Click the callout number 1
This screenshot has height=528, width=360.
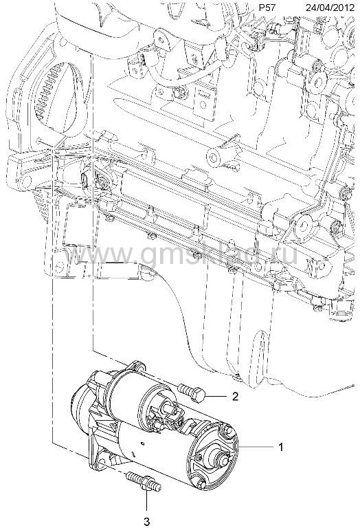[x=280, y=447]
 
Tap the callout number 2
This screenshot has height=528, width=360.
[x=235, y=396]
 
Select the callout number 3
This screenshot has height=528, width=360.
[x=147, y=522]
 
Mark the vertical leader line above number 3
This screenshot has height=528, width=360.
[x=147, y=499]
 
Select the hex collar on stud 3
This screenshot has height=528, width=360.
[x=148, y=483]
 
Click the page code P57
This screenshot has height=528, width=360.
[x=267, y=8]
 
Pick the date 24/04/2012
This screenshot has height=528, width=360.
[x=330, y=8]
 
